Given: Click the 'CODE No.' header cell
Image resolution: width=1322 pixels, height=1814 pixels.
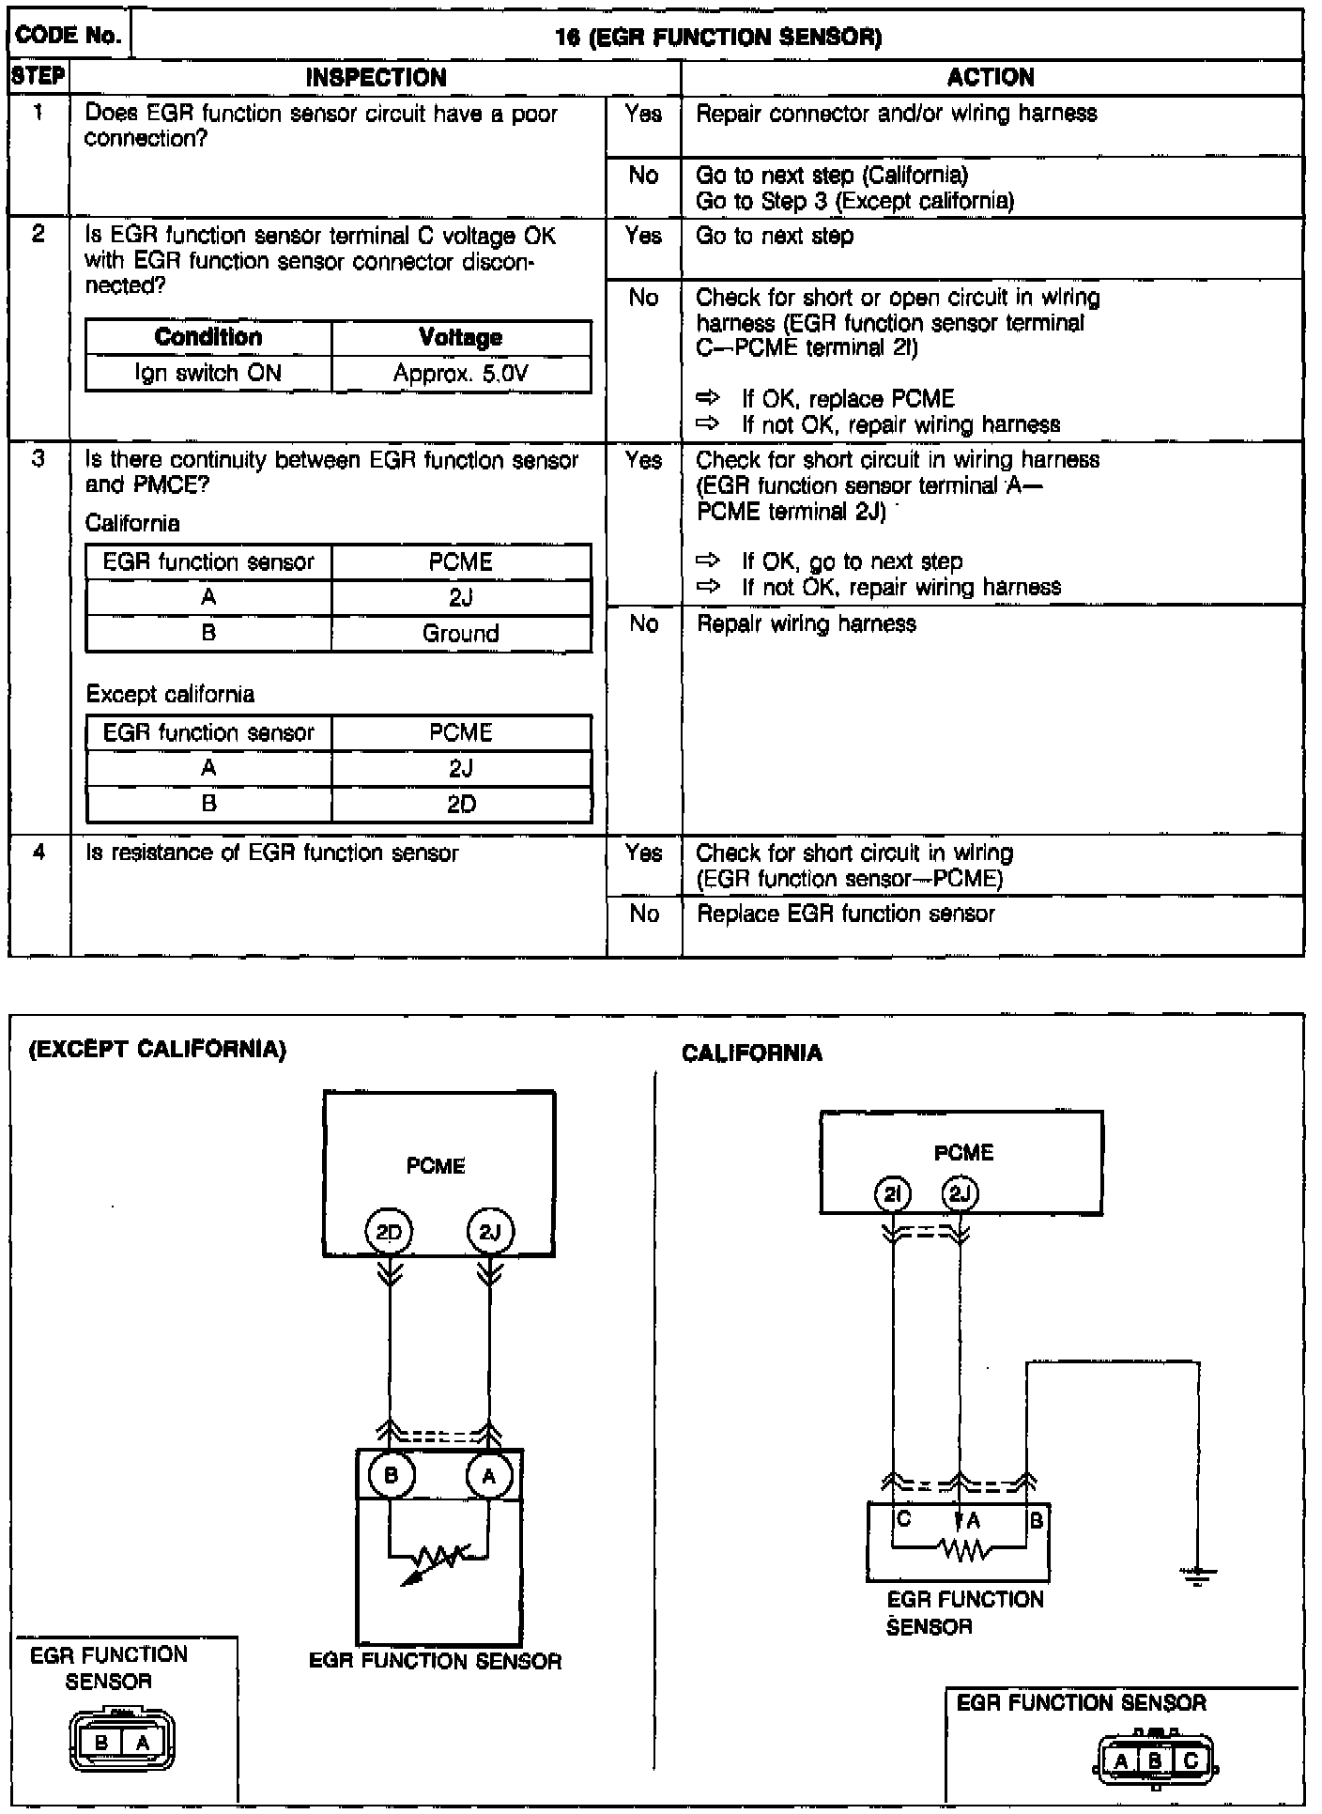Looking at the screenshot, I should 69,36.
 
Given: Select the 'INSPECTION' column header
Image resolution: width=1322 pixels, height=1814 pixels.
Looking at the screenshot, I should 376,78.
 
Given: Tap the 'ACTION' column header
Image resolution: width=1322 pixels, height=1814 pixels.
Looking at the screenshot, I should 991,78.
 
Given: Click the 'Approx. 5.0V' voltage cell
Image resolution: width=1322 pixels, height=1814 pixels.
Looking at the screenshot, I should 460,374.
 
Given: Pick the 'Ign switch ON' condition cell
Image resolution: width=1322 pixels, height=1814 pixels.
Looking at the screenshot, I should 208,374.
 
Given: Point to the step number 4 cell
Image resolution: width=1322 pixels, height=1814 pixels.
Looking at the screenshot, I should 38,853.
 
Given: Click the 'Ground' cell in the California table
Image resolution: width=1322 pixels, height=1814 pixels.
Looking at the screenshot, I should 460,634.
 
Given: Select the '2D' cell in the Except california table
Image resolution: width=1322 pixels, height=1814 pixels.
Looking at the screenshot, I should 460,805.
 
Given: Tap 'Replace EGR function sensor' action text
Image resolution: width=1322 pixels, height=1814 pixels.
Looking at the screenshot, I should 845,915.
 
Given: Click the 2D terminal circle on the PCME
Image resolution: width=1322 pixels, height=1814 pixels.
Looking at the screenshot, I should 389,1233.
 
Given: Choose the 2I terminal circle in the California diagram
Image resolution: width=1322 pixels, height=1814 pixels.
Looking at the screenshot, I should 892,1194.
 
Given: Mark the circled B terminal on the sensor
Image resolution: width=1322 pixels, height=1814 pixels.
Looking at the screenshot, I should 391,1475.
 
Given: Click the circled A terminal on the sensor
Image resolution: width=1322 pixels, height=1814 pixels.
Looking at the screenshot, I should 489,1477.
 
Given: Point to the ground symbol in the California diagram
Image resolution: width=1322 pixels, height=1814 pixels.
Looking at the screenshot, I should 1197,1576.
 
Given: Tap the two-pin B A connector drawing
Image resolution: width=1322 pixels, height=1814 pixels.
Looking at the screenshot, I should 122,1743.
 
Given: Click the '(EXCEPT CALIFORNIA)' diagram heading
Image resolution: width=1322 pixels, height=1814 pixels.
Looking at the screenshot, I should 157,1050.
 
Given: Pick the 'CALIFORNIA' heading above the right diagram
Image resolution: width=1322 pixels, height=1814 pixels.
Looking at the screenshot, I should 751,1053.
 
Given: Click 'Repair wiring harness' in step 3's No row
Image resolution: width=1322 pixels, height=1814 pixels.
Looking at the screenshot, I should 806,624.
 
